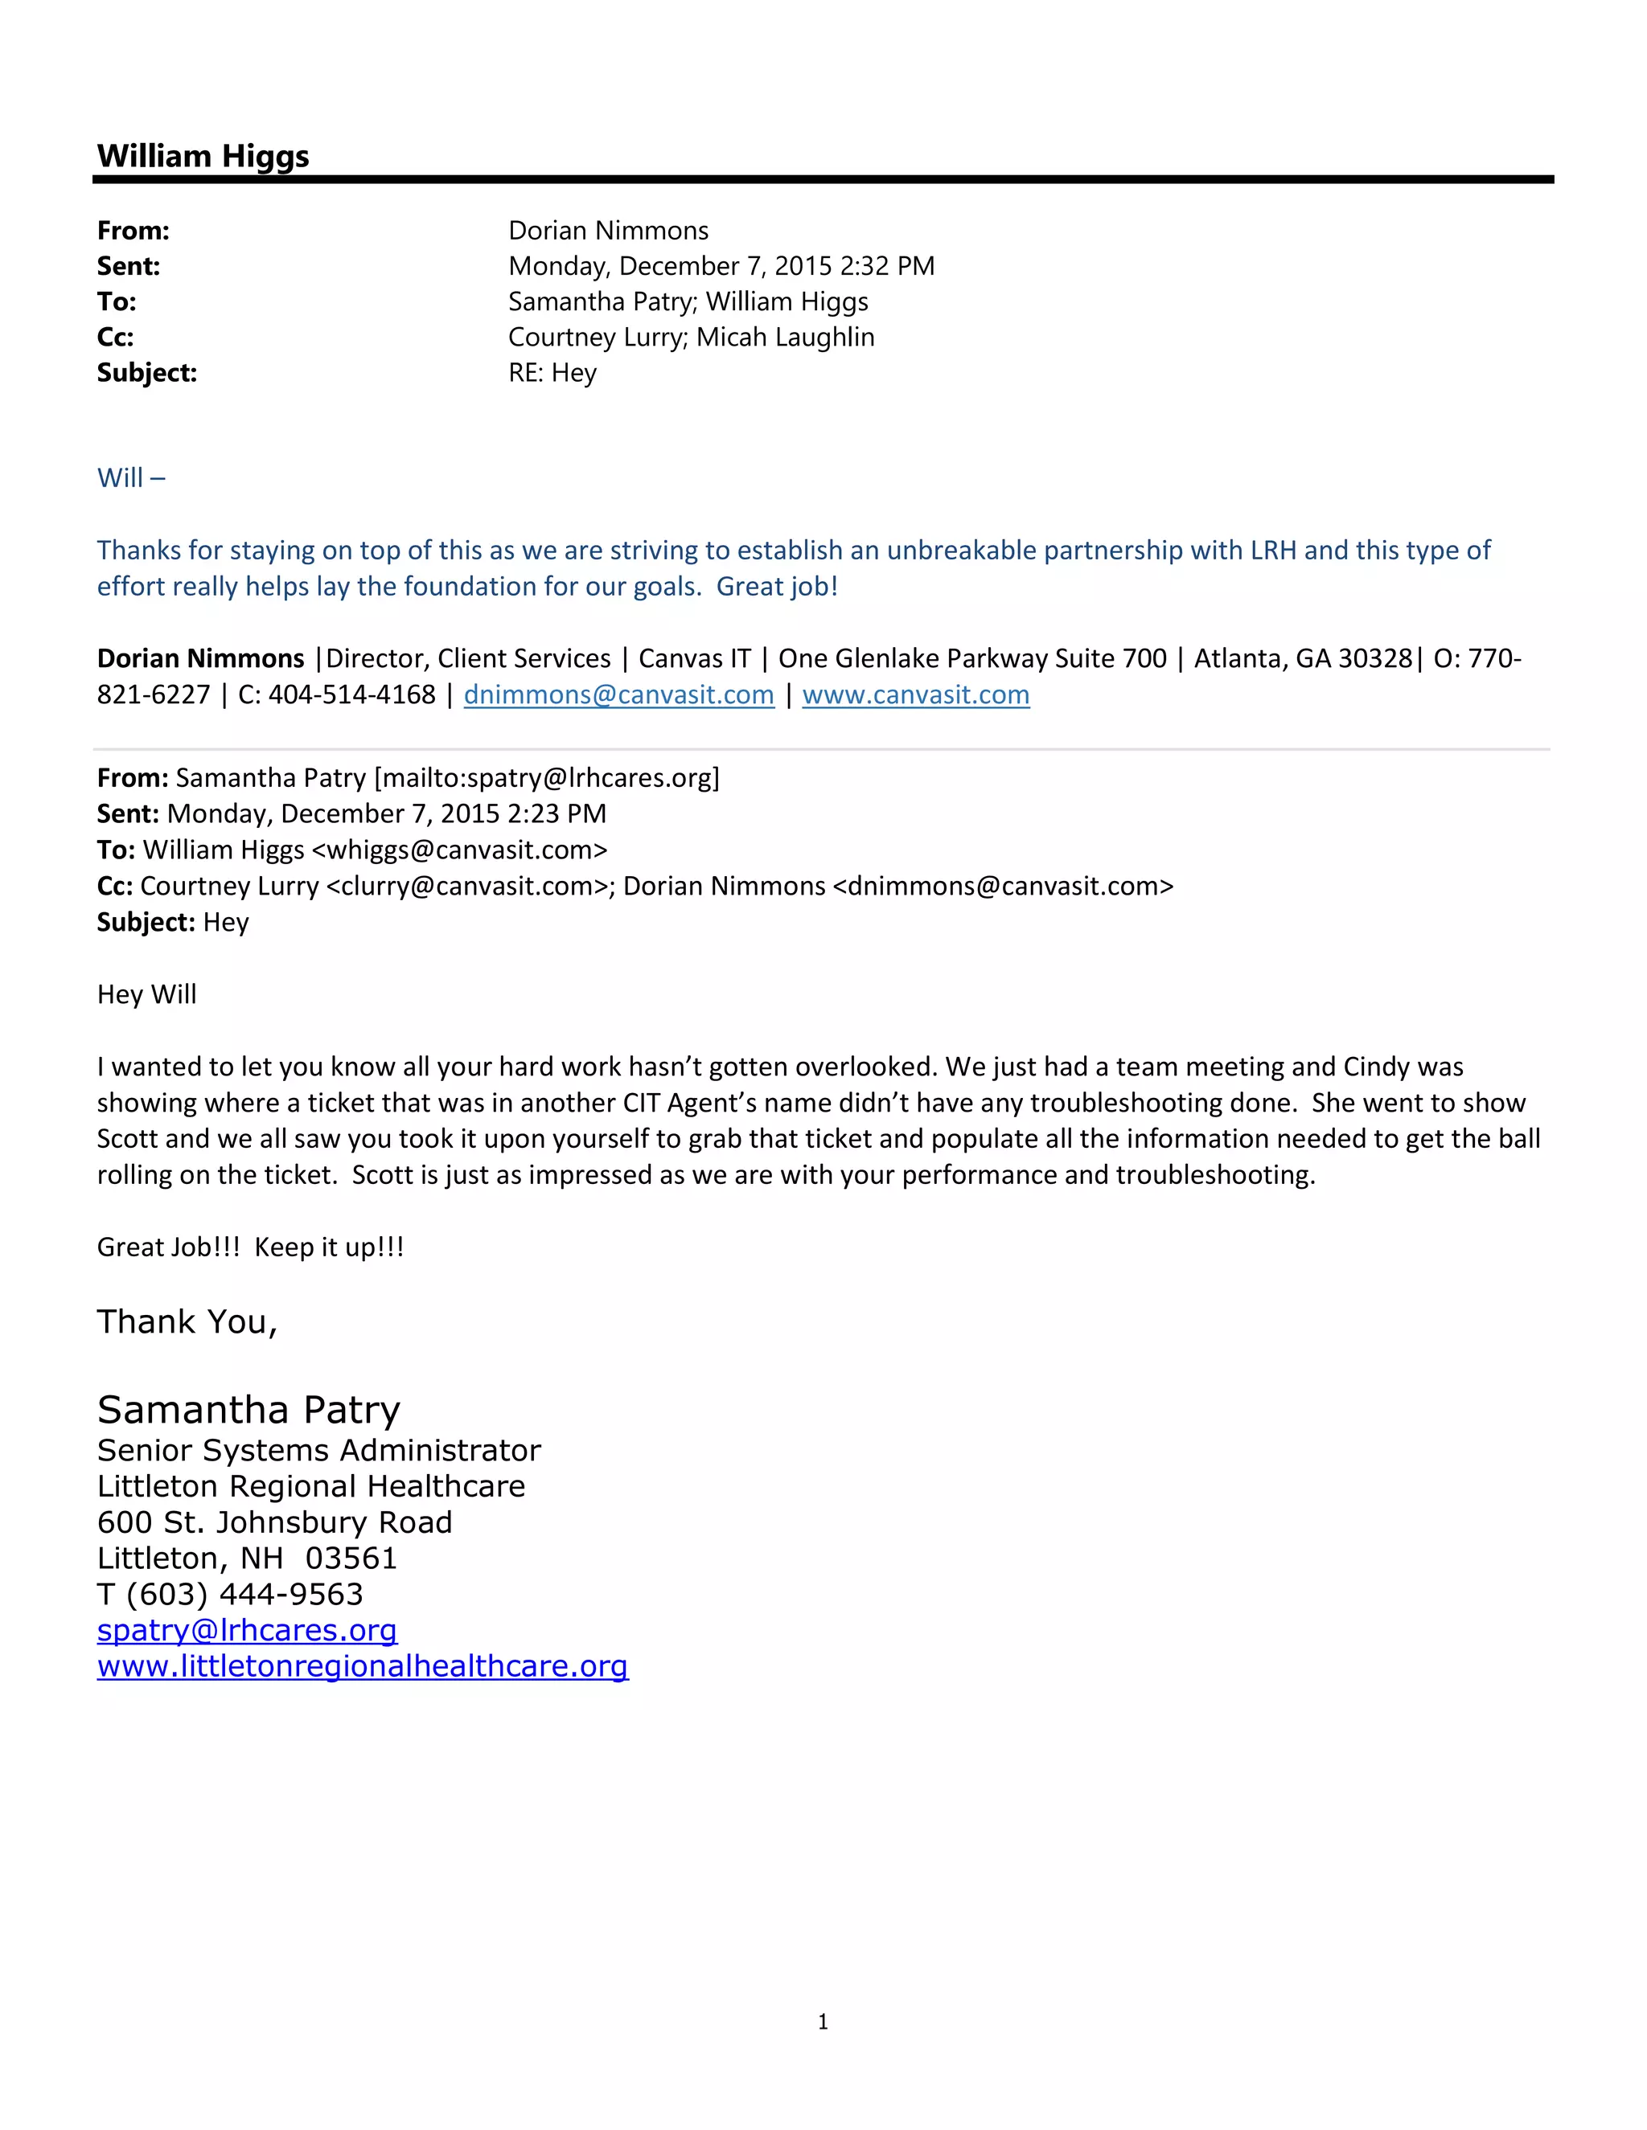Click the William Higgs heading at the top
pos(203,156)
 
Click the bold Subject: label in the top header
pos(146,373)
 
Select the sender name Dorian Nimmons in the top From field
pos(608,230)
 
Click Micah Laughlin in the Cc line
pos(786,338)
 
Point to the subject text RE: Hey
pos(552,373)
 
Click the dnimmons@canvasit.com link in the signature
pos(618,694)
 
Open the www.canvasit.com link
pos(915,694)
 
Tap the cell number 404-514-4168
pos(351,694)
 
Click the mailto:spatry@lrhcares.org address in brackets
pos(546,778)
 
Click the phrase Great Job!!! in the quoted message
pos(168,1247)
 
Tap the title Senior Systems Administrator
pos(318,1450)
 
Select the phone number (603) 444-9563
pos(244,1594)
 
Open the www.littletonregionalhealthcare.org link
pos(362,1665)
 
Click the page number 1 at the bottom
pos(823,2021)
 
